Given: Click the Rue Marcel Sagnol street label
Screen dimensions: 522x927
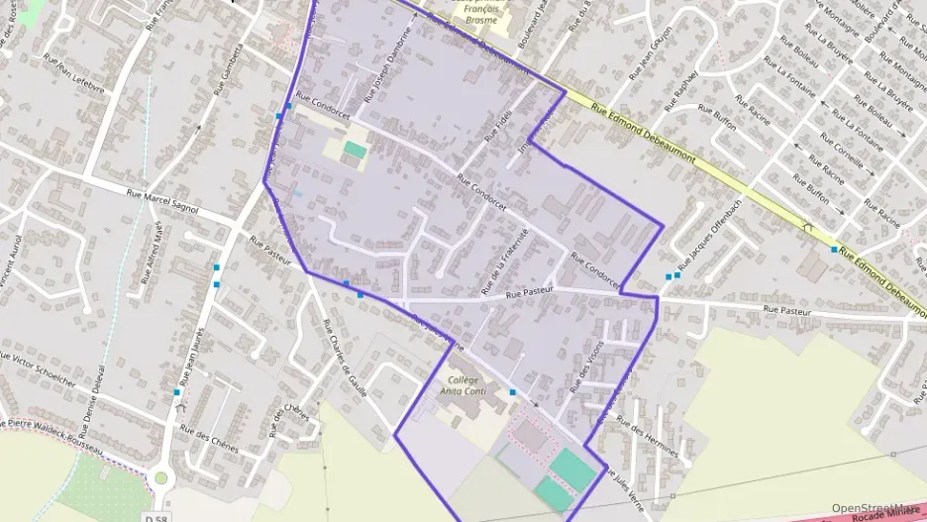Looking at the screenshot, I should [163, 202].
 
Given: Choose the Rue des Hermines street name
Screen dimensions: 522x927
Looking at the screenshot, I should [649, 436].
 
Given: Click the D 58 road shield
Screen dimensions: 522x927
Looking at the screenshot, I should [154, 517].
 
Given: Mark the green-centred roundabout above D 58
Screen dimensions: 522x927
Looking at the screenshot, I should [160, 478].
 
